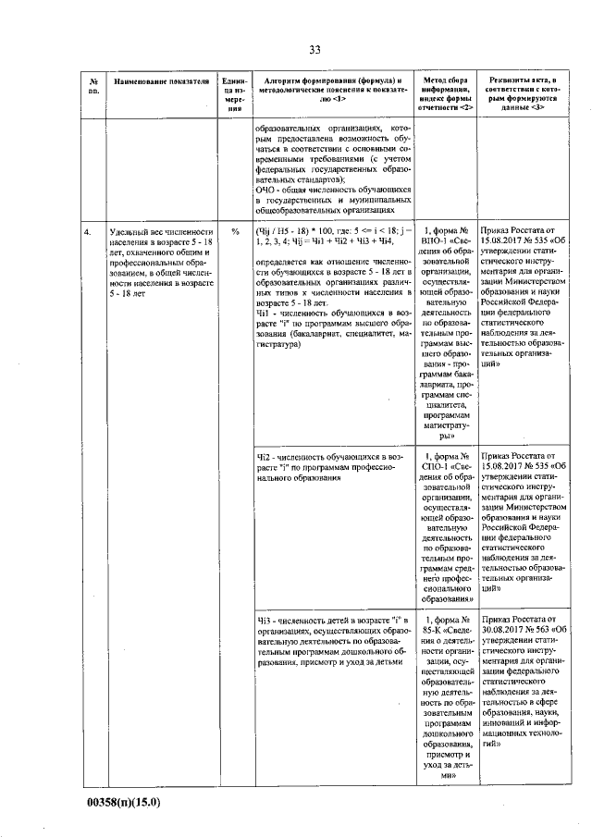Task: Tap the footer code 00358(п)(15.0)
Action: click(121, 802)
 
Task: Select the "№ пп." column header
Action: click(92, 87)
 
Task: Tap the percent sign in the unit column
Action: click(235, 231)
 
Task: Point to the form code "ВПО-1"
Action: click(434, 243)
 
